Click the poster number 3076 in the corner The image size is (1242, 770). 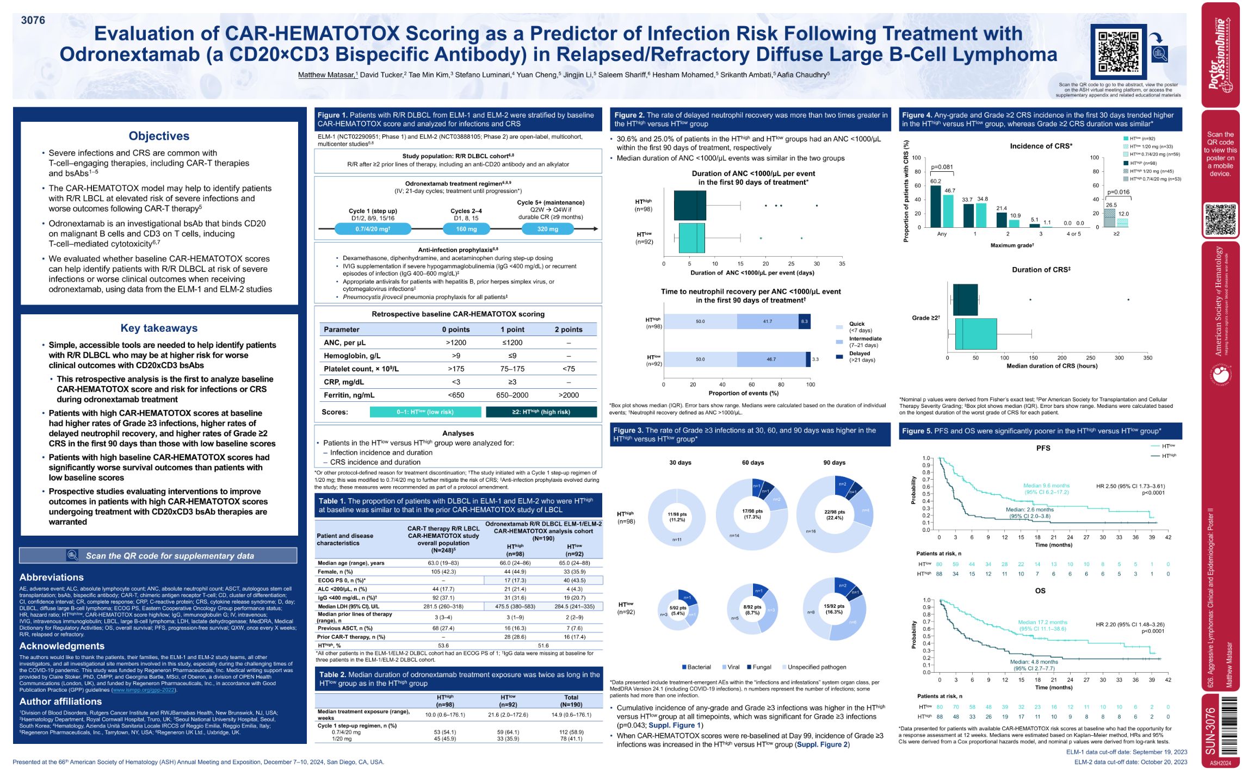click(33, 20)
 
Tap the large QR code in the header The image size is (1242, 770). click(1118, 52)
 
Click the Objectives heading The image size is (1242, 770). click(159, 136)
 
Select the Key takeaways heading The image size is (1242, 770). click(159, 328)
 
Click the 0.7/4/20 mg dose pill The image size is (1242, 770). click(373, 229)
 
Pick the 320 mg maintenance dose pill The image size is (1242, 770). click(547, 229)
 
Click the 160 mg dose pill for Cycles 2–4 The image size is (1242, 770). click(466, 229)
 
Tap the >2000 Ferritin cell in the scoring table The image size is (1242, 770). click(568, 395)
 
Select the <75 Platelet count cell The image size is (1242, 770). click(568, 369)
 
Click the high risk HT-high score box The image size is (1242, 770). click(541, 412)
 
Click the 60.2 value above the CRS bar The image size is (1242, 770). click(935, 181)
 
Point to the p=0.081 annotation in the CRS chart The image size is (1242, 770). click(942, 167)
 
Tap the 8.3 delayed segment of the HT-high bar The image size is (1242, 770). click(804, 321)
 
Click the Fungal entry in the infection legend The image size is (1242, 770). click(759, 667)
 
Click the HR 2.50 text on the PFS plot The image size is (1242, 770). click(1130, 486)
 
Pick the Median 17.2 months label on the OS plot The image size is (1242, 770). click(1042, 622)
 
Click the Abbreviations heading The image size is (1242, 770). click(52, 577)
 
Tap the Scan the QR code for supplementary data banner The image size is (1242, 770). click(158, 556)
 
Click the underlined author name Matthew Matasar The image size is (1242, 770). click(326, 75)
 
